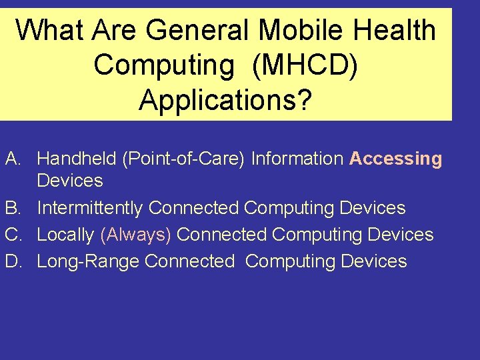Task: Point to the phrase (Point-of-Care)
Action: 183,159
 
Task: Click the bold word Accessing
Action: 395,159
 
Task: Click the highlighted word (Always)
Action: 136,235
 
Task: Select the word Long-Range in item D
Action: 88,261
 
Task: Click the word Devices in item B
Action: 372,208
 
